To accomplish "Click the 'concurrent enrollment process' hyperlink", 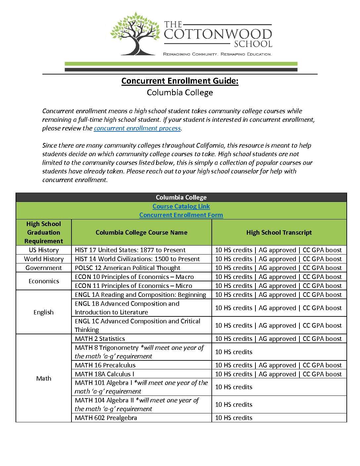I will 137,128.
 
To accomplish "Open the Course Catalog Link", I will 181,207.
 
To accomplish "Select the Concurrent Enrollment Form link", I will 181,215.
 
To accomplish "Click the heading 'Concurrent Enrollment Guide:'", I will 180,81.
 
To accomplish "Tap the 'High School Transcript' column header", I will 279,233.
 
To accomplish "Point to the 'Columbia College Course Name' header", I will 141,233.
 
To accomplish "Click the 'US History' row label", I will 44,250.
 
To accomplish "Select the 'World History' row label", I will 44,259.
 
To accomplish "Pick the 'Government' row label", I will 44,268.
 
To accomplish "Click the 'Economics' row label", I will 44,281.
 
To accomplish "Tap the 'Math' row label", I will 44,378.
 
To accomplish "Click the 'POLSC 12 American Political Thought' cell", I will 127,268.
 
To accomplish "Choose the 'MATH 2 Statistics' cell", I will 100,339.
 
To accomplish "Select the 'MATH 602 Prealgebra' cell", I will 106,418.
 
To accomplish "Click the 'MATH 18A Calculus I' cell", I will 105,374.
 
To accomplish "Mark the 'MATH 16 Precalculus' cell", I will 105,365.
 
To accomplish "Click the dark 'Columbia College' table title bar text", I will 181,198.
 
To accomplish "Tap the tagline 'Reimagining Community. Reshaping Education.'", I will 217,54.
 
